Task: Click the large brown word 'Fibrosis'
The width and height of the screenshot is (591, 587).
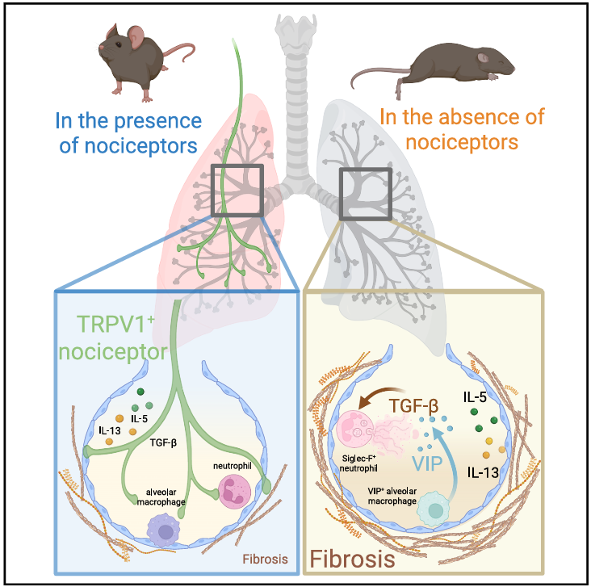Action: click(355, 559)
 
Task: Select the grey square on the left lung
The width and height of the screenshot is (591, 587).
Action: click(237, 191)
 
